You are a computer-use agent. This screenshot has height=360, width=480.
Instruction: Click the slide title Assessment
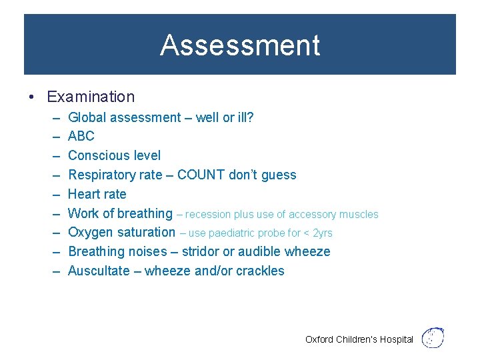click(240, 45)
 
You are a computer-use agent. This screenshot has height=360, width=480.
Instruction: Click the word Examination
click(91, 97)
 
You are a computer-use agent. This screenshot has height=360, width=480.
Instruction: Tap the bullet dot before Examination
click(31, 97)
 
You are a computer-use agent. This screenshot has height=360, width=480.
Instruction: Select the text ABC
click(81, 136)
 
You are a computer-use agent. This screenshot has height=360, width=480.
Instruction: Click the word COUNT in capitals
click(201, 175)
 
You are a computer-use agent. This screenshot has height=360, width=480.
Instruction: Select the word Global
click(88, 117)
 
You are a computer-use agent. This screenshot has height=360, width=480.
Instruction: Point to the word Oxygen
click(90, 233)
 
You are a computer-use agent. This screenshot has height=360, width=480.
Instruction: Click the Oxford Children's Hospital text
click(359, 339)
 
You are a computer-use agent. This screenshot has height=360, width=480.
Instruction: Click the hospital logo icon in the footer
click(434, 338)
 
